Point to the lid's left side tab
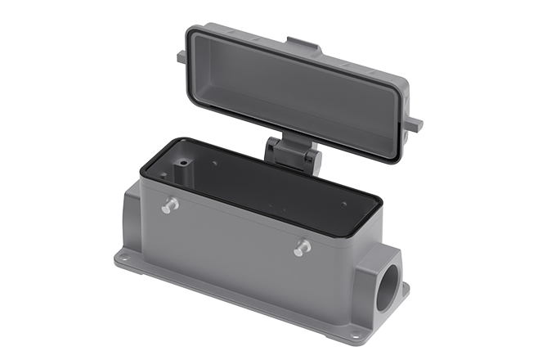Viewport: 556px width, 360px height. [181, 56]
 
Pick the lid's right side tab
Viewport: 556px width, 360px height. [414, 124]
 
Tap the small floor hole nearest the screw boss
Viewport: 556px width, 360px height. [214, 164]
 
